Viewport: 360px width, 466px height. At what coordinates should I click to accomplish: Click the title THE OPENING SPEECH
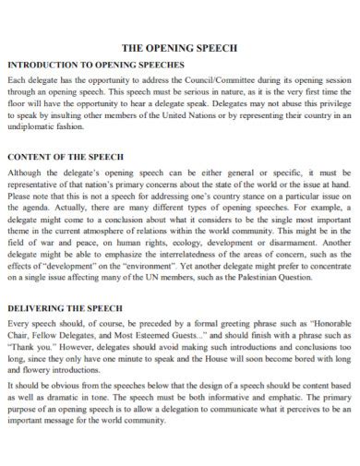[x=180, y=47]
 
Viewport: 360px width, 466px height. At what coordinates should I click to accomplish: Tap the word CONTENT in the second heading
[x=30, y=157]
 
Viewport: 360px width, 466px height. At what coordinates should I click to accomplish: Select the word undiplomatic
[x=33, y=127]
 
